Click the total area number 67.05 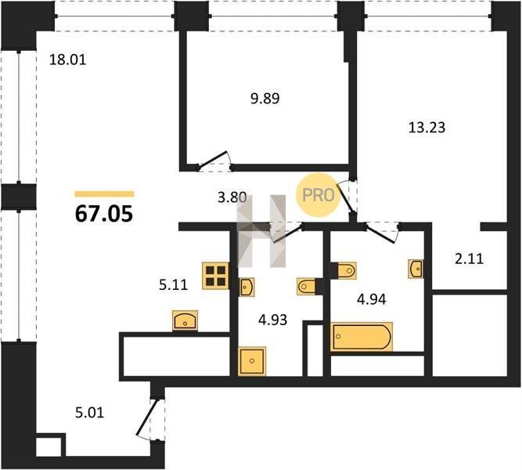click(x=104, y=214)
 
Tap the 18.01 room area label click(x=67, y=60)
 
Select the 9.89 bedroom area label click(x=265, y=99)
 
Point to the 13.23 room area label click(x=427, y=128)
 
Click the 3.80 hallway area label click(x=232, y=197)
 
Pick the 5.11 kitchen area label click(x=173, y=285)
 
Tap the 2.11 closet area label click(x=469, y=258)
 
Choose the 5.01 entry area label click(x=89, y=413)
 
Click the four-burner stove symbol click(x=215, y=276)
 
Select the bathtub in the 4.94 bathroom click(x=362, y=337)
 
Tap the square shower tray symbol click(x=252, y=361)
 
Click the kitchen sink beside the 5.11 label click(x=185, y=320)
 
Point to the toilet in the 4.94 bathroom click(x=347, y=270)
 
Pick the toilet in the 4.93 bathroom click(x=306, y=287)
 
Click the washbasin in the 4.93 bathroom click(x=247, y=287)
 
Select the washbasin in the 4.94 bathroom click(x=416, y=269)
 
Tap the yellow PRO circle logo click(x=318, y=195)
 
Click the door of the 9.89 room click(x=214, y=160)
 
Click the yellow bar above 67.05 click(x=104, y=194)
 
